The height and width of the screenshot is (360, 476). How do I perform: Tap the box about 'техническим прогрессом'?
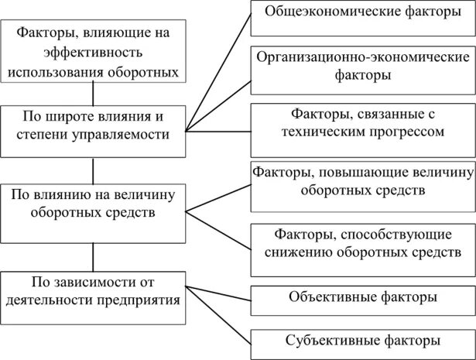(362, 122)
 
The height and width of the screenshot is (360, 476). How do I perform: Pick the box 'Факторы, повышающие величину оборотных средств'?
(362, 180)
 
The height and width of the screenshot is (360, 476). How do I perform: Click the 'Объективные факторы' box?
(362, 297)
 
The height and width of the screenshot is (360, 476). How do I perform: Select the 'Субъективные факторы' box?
(362, 341)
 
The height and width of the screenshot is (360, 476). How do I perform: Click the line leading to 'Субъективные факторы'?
(220, 321)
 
